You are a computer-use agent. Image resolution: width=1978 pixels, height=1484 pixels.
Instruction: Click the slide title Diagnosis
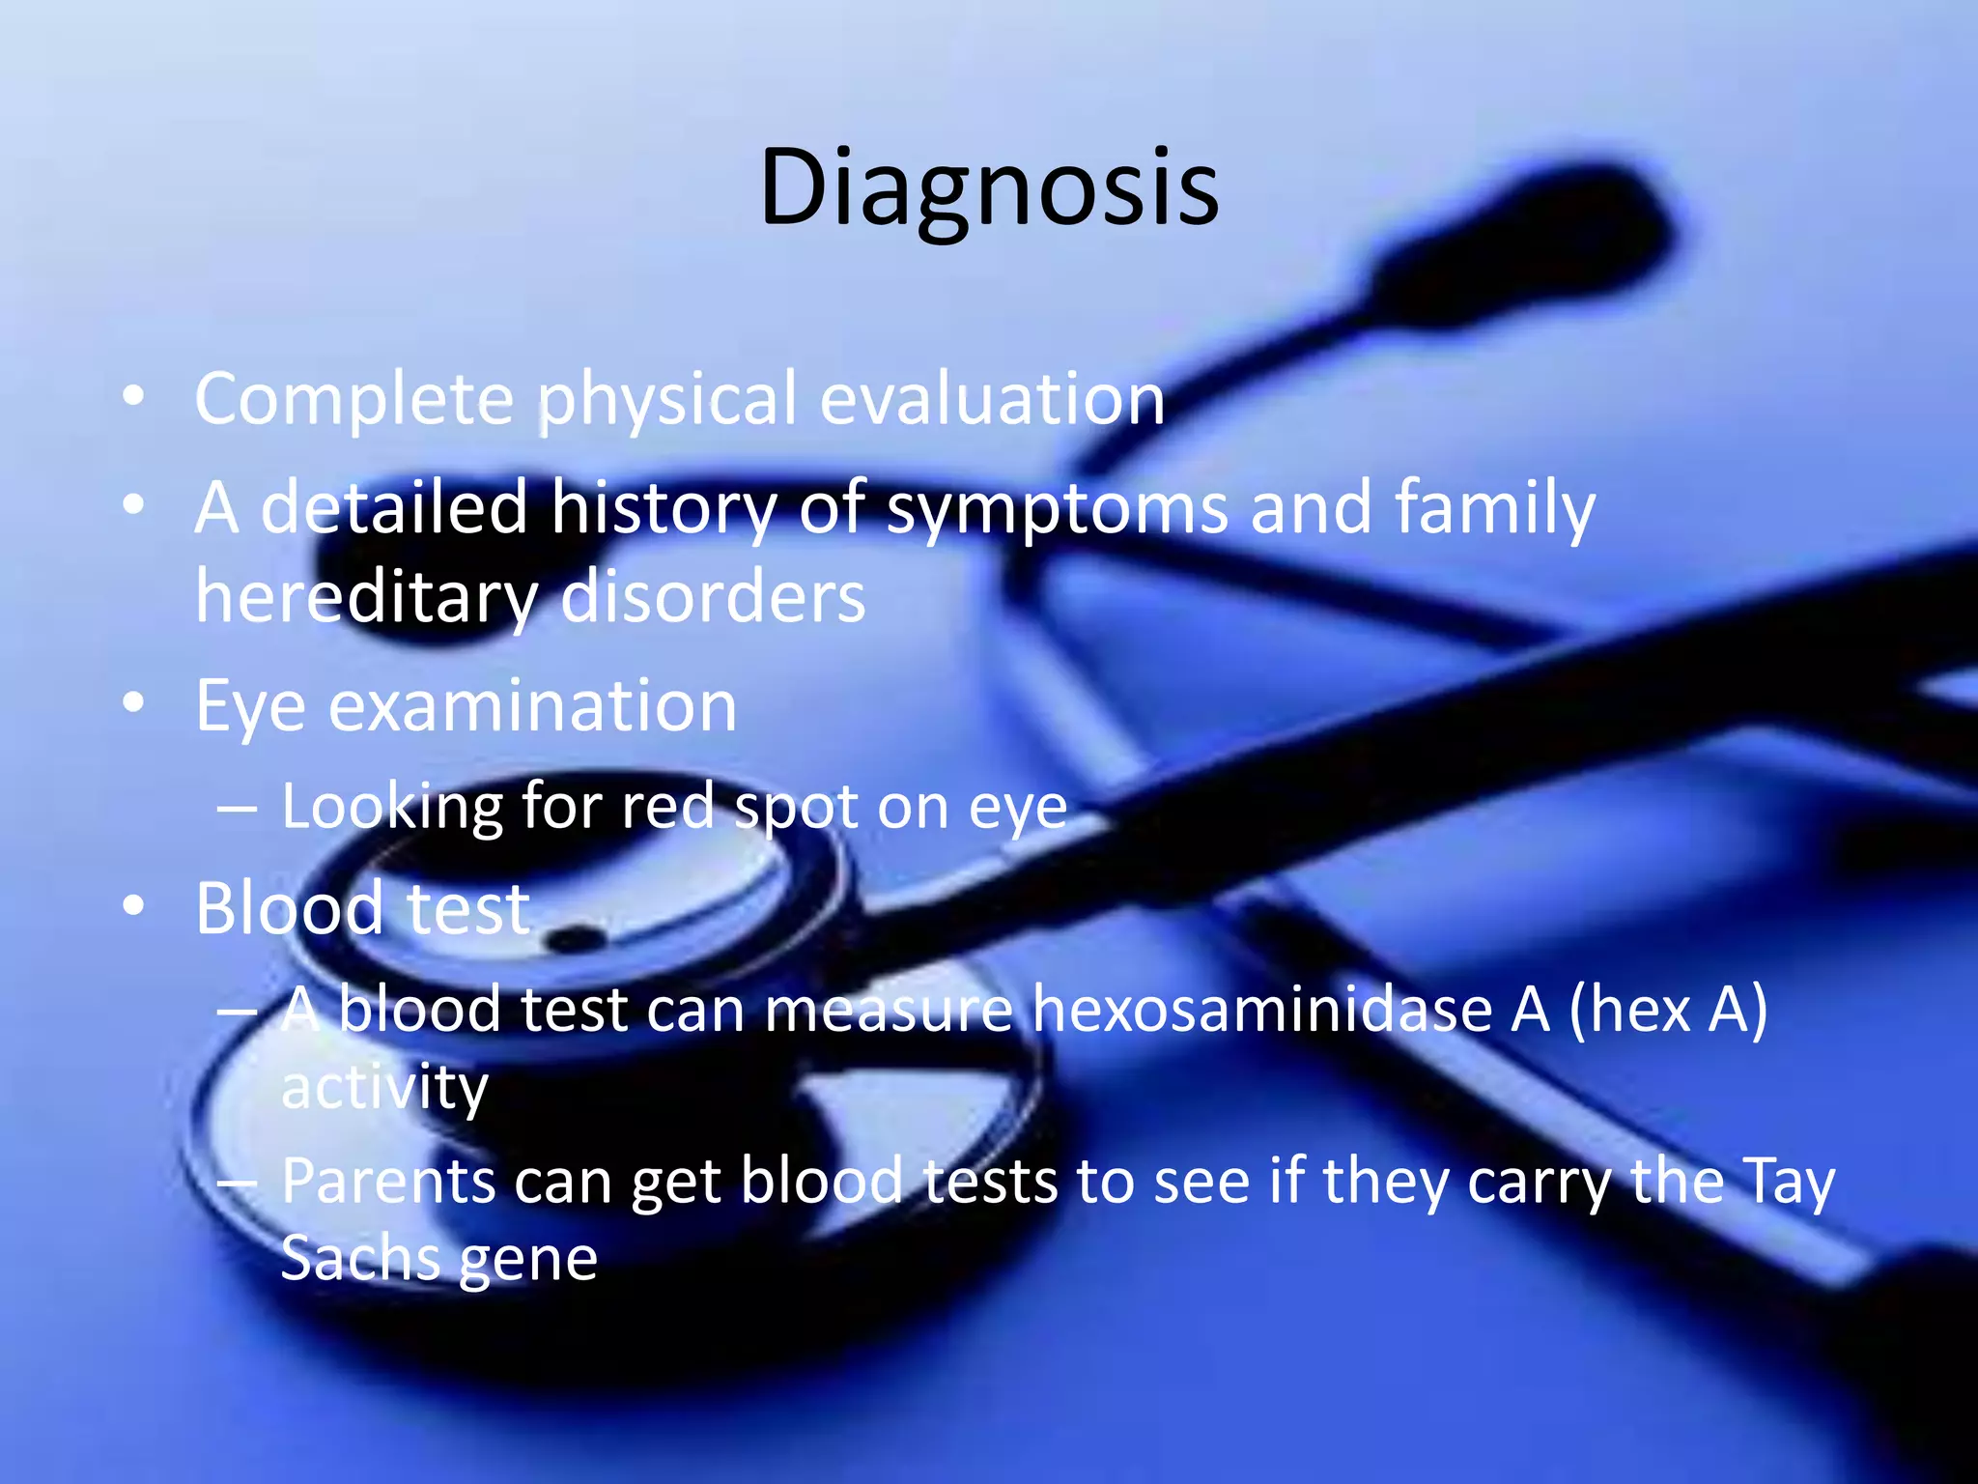(989, 188)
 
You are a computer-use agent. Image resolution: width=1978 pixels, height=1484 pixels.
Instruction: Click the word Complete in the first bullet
(353, 400)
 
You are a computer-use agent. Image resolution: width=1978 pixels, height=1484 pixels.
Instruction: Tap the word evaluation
(992, 400)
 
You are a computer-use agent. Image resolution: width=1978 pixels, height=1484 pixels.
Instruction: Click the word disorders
(713, 597)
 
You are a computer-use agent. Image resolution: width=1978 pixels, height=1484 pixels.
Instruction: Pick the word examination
(532, 707)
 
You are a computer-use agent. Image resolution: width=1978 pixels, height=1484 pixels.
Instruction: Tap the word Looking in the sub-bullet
(391, 808)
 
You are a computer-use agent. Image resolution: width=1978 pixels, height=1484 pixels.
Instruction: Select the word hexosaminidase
(1261, 1011)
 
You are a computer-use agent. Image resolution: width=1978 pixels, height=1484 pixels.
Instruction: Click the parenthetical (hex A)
(1668, 1011)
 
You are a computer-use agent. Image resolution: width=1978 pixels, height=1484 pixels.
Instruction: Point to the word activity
(383, 1090)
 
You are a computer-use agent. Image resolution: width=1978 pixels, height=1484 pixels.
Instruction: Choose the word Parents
(388, 1182)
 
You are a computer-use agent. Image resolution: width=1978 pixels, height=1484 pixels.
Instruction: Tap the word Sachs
(359, 1259)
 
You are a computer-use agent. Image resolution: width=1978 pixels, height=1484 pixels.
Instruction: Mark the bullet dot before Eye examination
(134, 701)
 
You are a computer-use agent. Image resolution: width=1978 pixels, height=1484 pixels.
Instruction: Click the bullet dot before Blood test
(134, 905)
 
